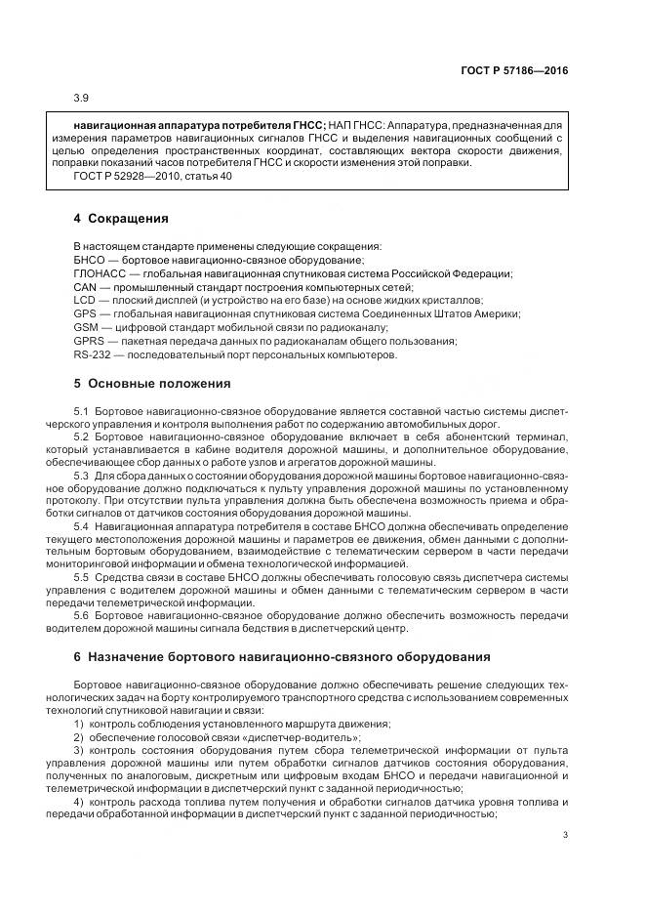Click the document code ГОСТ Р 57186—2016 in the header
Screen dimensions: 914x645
[514, 70]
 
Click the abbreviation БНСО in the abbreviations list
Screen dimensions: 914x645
[89, 260]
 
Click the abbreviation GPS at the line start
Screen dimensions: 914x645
[85, 314]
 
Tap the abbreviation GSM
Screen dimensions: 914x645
[86, 328]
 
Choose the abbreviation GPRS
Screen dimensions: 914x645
[89, 342]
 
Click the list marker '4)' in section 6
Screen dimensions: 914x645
[79, 801]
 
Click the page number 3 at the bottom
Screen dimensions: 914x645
[565, 834]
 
